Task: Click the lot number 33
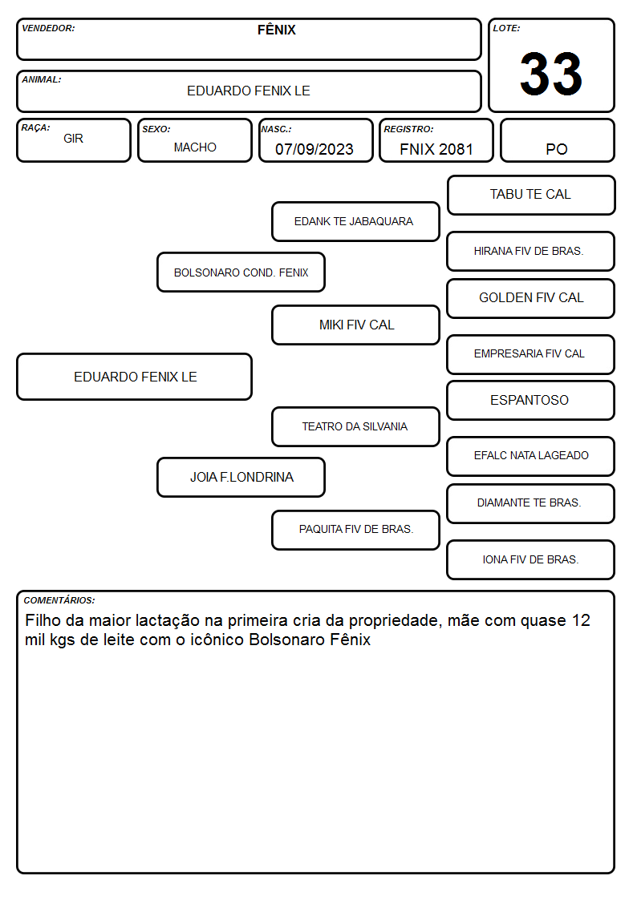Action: [x=551, y=74]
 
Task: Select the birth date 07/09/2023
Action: [x=314, y=149]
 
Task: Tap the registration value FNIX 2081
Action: [x=436, y=149]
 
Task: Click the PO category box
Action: [x=557, y=140]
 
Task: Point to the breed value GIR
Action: [x=74, y=139]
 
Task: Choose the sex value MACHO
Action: [x=195, y=147]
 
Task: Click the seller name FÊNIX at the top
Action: [x=276, y=30]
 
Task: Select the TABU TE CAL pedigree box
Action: [x=531, y=196]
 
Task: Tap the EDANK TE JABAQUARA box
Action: [x=355, y=221]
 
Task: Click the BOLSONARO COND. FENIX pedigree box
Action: [x=241, y=272]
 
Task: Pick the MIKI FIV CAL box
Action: [x=355, y=325]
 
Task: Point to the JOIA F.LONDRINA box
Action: [x=241, y=477]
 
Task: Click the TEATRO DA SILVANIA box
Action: [x=355, y=426]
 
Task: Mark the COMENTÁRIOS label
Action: [x=59, y=600]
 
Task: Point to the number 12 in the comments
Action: [x=581, y=620]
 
